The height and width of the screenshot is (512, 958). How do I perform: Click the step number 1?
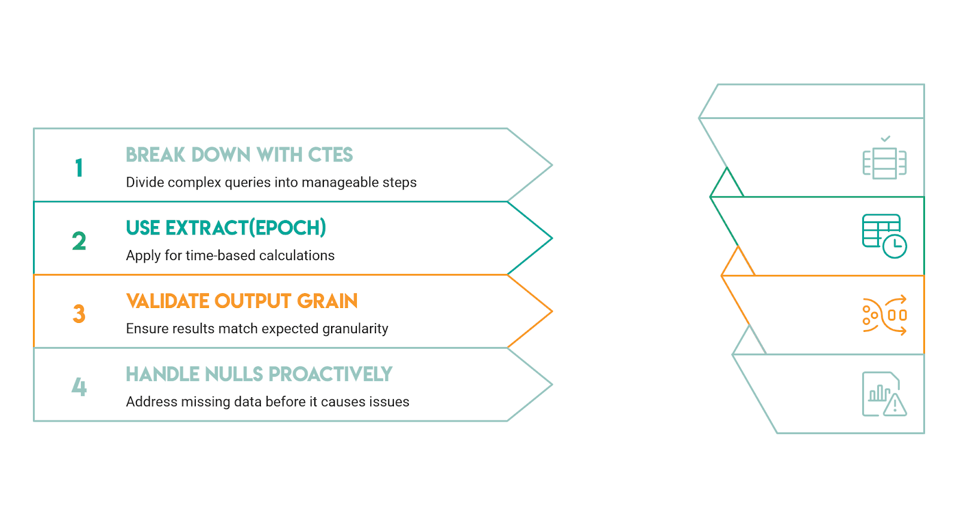click(79, 167)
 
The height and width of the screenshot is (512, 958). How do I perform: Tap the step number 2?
click(79, 240)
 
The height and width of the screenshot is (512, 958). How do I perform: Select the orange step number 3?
click(79, 313)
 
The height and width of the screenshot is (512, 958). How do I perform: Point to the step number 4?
click(79, 387)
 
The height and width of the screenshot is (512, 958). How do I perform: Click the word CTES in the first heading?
click(330, 155)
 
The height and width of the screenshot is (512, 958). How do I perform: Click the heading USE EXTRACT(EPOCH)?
click(226, 228)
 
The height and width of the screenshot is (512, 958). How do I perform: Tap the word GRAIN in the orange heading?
click(327, 301)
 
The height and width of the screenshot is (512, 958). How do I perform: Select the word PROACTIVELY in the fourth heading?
click(330, 374)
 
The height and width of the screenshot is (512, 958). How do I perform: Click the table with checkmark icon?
click(884, 157)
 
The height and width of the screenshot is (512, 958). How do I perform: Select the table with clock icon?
click(884, 236)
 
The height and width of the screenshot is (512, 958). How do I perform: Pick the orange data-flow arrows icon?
click(884, 315)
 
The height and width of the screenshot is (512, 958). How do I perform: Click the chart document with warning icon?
click(884, 394)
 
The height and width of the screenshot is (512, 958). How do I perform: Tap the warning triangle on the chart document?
click(895, 405)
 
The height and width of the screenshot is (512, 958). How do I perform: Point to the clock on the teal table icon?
click(895, 246)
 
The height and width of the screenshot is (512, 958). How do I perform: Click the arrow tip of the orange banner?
click(552, 311)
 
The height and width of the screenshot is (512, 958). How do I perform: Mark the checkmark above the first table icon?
click(886, 139)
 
